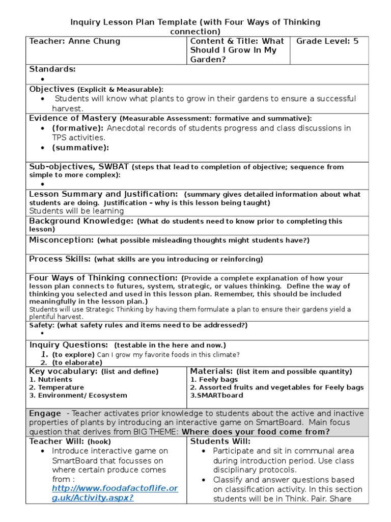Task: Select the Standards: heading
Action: pos(52,69)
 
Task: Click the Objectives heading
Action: pos(52,89)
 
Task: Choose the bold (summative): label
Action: pos(80,148)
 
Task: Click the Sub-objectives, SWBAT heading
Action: pos(79,167)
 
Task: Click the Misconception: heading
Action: pos(62,240)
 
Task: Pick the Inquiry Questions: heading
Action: pos(69,345)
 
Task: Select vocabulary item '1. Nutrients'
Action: pos(51,380)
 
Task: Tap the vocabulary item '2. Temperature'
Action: pos(57,387)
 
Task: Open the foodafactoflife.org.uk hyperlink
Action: pos(115,493)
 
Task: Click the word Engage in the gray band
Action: pos(45,413)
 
